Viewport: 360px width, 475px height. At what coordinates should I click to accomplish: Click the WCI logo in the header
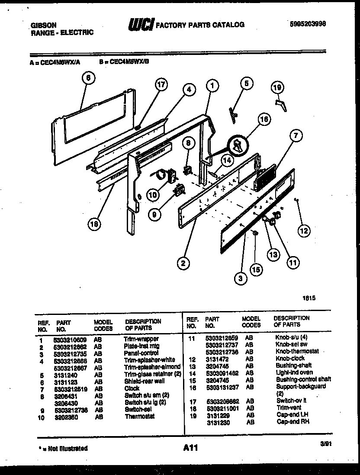coord(141,25)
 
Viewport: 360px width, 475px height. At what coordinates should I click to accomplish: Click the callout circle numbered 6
coord(88,78)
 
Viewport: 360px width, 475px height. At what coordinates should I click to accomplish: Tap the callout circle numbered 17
coord(161,85)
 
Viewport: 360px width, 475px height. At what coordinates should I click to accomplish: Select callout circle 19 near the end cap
coord(277,88)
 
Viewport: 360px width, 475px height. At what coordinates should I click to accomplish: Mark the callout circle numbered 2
coord(184,263)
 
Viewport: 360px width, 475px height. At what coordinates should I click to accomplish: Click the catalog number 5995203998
coord(308,25)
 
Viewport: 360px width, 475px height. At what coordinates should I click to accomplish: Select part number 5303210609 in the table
coord(70,339)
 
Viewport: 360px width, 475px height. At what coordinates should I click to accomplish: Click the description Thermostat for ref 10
coord(139,417)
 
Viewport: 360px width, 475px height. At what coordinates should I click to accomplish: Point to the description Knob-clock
coord(290,359)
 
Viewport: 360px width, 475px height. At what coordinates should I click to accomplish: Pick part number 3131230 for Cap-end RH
coord(217,422)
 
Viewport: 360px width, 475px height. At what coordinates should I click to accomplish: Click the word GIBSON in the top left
coord(43,26)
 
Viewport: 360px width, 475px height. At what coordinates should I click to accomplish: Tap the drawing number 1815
coord(309,298)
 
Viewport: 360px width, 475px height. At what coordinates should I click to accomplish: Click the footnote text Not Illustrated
coord(68,448)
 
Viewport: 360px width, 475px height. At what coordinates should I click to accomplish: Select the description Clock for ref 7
coord(132,388)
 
